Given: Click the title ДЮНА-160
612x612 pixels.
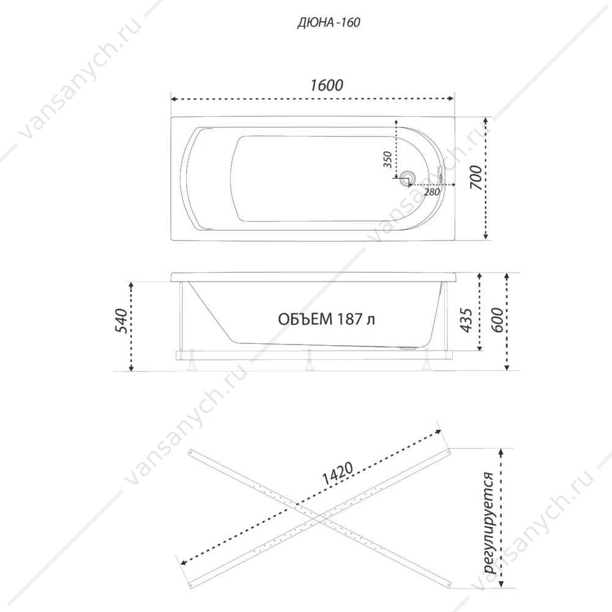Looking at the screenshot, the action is tap(328, 23).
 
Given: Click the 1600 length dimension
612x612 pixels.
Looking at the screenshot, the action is tap(327, 85).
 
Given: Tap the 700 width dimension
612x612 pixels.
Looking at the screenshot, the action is tap(476, 177).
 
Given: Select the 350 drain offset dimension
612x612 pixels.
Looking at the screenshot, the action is tap(387, 159).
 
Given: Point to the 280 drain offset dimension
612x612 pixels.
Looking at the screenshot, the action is tap(431, 192).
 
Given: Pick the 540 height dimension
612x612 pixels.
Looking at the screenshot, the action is tap(122, 321).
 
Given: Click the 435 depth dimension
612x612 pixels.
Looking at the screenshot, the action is tap(466, 321).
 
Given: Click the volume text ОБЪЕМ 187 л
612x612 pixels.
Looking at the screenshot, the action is tap(327, 319).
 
